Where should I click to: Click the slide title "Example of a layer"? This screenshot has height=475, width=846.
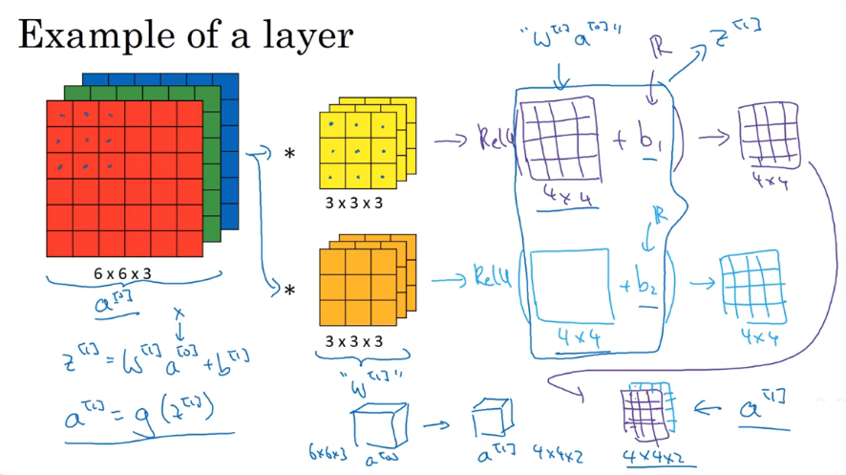click(x=186, y=35)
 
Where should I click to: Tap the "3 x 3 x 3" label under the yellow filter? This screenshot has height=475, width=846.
click(x=354, y=203)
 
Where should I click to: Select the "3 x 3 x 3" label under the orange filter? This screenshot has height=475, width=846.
click(x=354, y=340)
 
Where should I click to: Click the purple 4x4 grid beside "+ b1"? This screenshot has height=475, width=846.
click(x=560, y=139)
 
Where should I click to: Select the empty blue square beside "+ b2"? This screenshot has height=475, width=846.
click(x=570, y=284)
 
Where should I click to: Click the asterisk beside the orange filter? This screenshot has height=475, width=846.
click(x=289, y=289)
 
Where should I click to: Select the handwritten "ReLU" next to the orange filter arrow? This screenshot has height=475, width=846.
click(x=495, y=279)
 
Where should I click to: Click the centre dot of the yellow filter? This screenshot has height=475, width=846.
click(x=357, y=151)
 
